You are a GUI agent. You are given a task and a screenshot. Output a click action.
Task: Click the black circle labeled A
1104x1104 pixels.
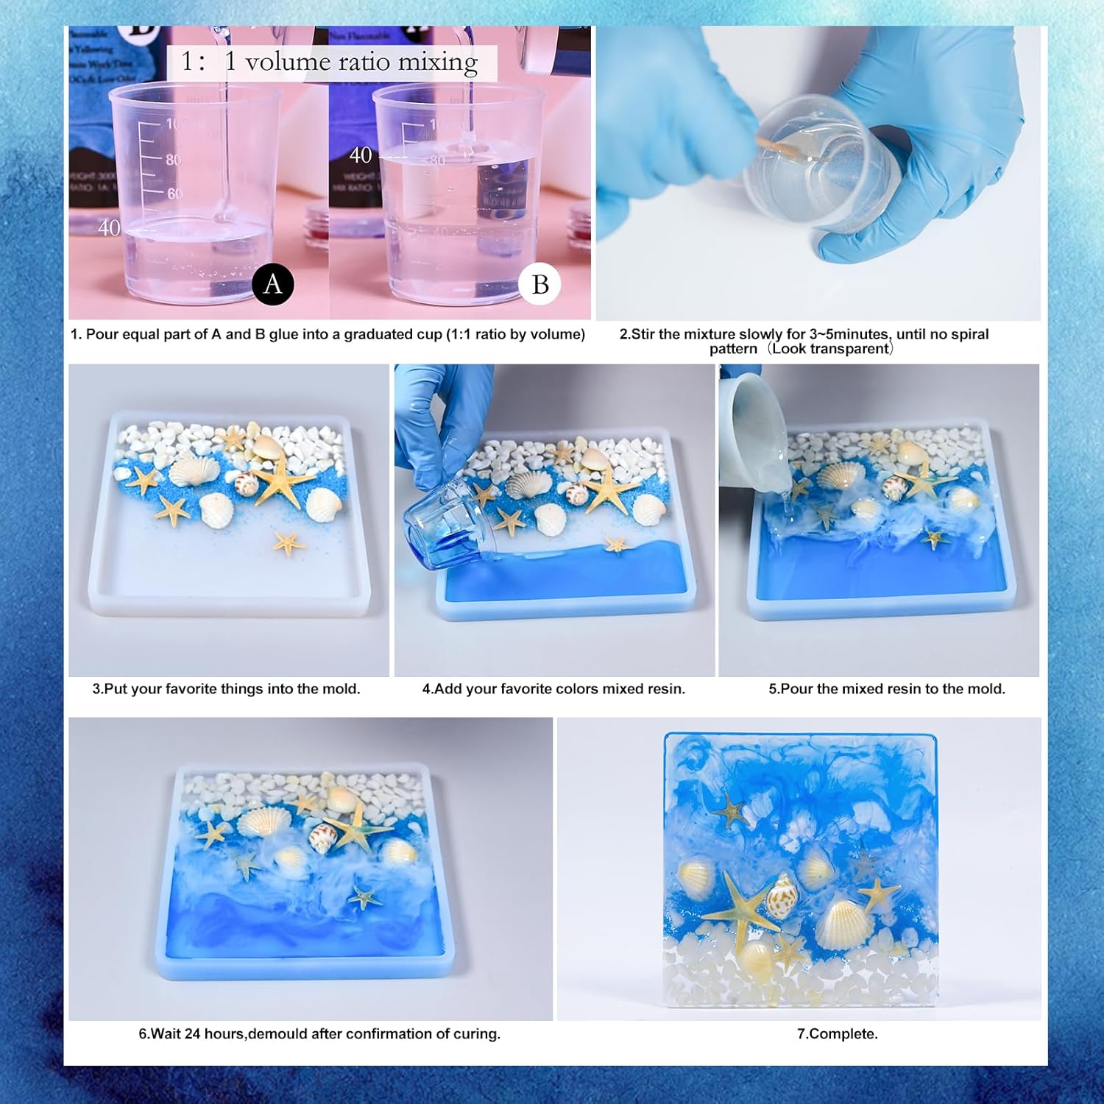pyautogui.click(x=273, y=284)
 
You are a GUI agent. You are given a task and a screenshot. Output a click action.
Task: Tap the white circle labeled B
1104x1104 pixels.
pyautogui.click(x=540, y=284)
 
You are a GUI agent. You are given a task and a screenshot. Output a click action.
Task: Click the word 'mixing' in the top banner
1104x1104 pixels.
pyautogui.click(x=438, y=62)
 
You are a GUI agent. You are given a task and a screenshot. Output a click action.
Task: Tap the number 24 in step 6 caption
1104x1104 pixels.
pyautogui.click(x=193, y=1034)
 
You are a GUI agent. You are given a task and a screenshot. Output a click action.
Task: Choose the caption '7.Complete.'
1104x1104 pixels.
pyautogui.click(x=838, y=1034)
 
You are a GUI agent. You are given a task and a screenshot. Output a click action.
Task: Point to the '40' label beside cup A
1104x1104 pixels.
pyautogui.click(x=109, y=228)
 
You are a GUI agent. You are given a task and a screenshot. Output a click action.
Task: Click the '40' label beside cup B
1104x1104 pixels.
pyautogui.click(x=361, y=155)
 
